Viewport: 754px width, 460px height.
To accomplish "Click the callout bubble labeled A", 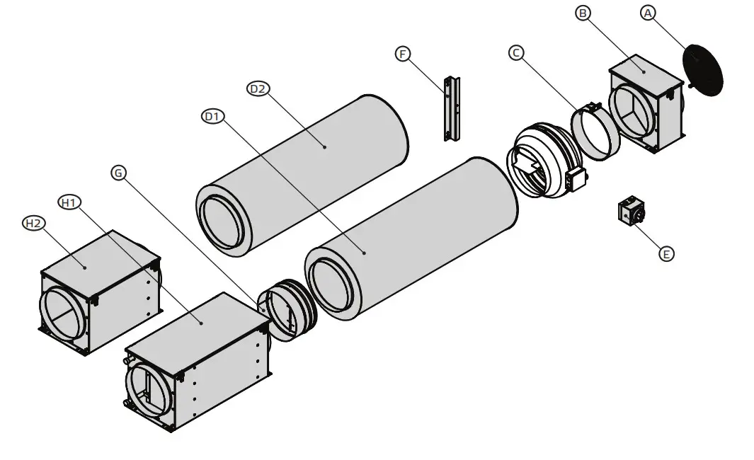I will point(649,12).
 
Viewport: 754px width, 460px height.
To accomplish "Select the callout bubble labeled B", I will point(583,13).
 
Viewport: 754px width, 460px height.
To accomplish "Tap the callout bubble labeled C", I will point(517,52).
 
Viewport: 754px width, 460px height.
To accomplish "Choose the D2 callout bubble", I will point(257,88).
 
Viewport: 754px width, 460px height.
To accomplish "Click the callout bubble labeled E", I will point(666,253).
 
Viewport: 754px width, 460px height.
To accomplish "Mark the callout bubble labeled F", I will point(403,54).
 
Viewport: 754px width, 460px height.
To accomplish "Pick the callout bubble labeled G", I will point(119,172).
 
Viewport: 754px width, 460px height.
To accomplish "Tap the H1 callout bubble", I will point(69,203).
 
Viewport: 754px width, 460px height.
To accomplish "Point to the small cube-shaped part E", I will point(631,211).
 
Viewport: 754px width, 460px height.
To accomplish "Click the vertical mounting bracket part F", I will point(451,109).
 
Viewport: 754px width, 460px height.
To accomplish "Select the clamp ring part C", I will point(595,132).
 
